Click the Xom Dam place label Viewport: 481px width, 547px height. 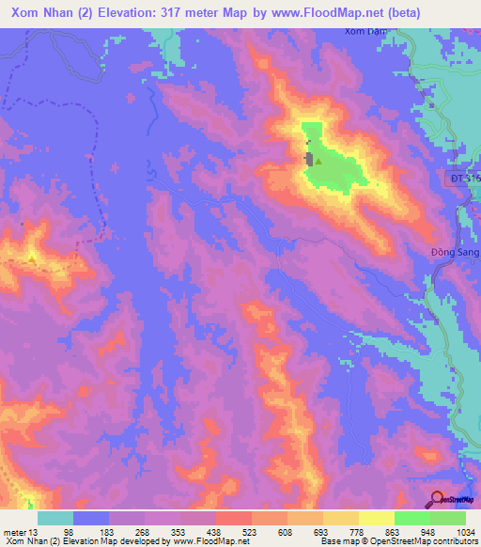coord(363,33)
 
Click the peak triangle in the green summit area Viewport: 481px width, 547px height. coord(318,161)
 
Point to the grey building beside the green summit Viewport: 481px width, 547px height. coord(308,159)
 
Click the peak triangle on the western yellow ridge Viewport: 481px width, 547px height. coord(33,256)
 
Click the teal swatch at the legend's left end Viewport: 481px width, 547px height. coord(55,518)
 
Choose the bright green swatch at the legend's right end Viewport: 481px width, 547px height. coord(448,518)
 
